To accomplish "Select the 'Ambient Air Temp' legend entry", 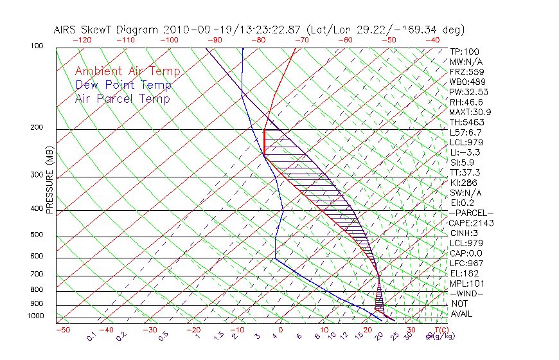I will click(x=127, y=71).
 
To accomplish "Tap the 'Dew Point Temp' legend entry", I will click(x=123, y=85).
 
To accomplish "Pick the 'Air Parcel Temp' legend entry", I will click(x=122, y=98).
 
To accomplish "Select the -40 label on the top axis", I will click(x=433, y=39).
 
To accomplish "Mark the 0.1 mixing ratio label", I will click(x=93, y=336).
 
